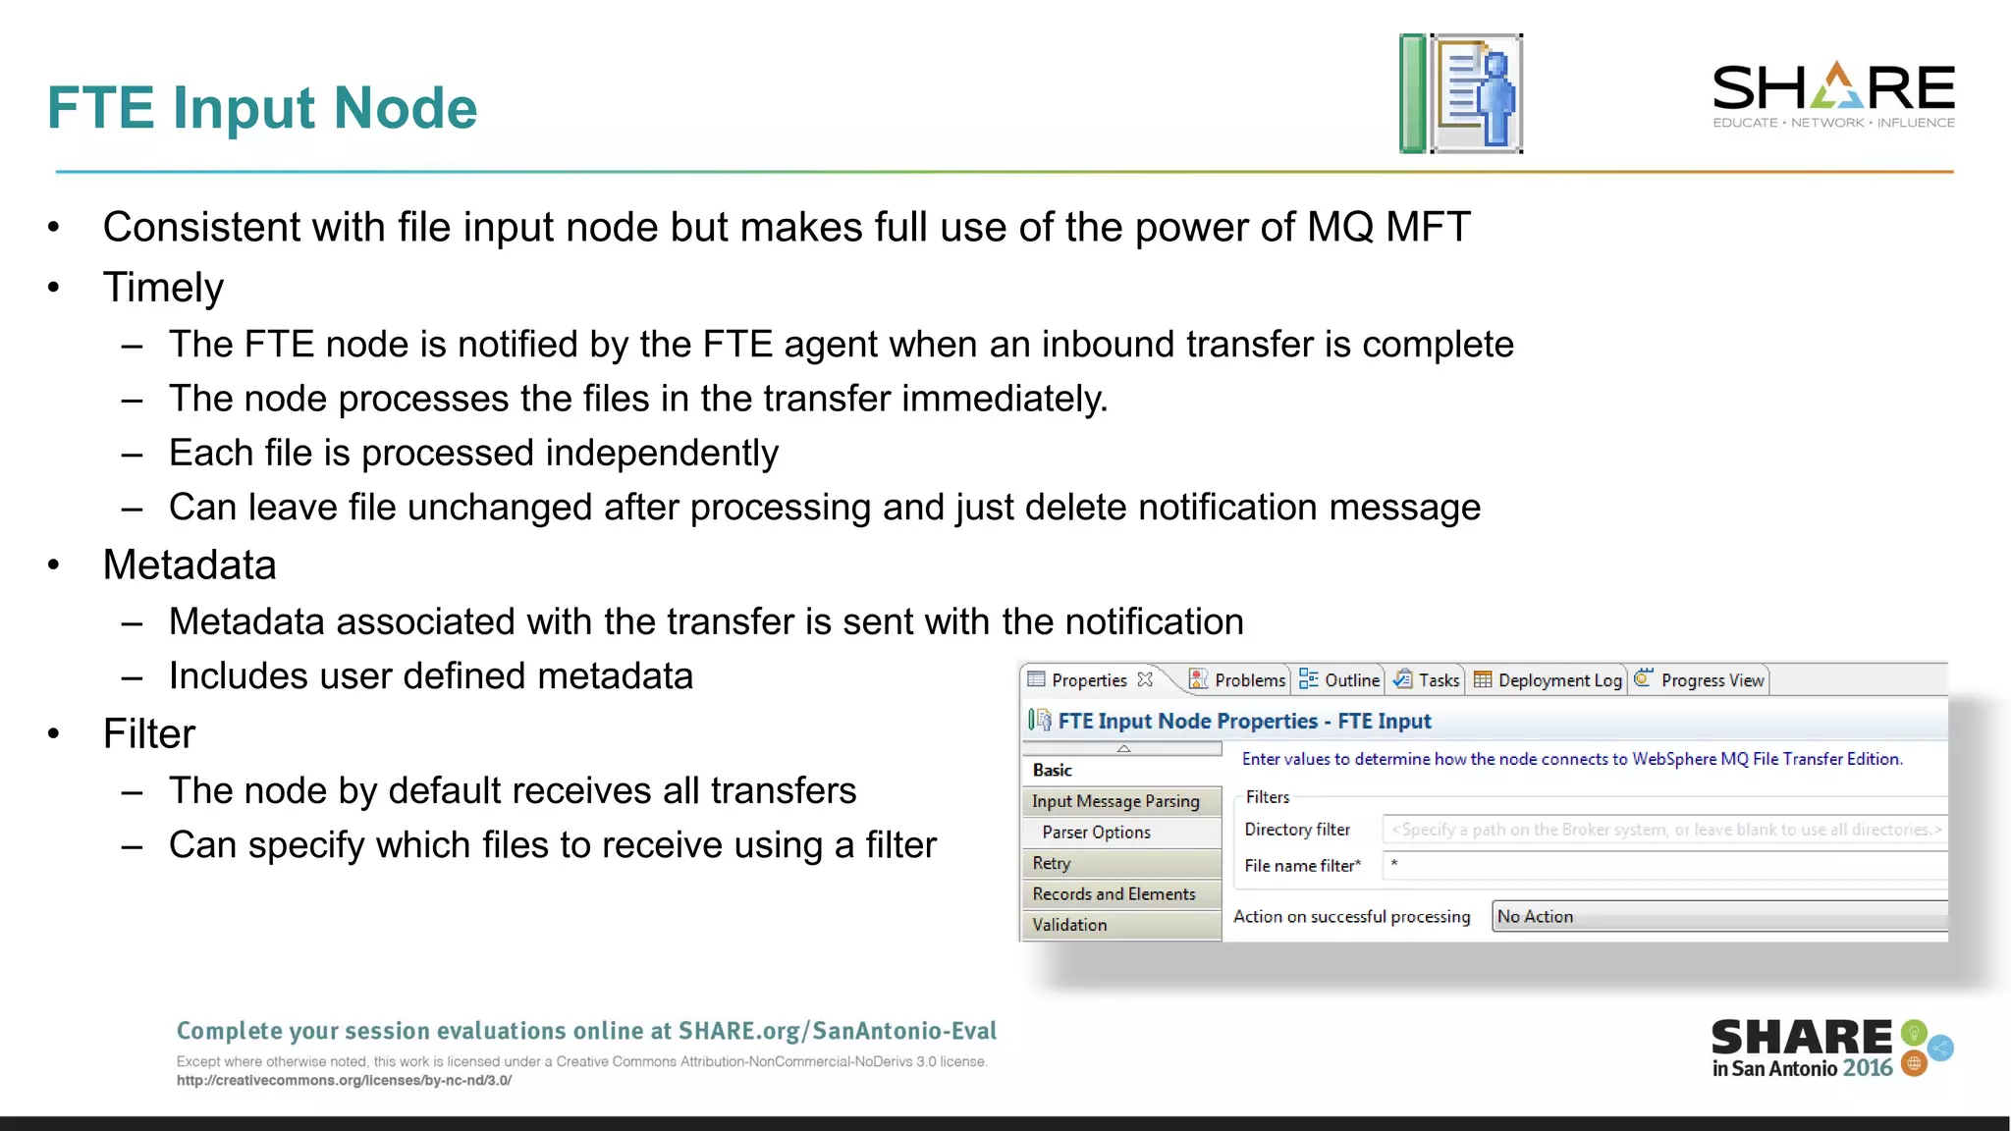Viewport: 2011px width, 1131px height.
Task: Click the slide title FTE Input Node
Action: (261, 107)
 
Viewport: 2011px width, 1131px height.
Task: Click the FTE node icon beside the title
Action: (1461, 93)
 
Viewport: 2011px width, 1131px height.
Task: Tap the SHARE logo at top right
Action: (1833, 94)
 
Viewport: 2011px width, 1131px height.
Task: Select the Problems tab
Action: (1238, 679)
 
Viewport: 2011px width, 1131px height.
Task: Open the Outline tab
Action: (1340, 679)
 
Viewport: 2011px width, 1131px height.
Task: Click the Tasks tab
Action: (1428, 679)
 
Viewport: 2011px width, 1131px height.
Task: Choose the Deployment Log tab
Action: (1549, 679)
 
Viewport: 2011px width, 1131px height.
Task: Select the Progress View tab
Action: (1701, 679)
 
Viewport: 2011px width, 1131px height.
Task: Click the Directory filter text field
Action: (1663, 830)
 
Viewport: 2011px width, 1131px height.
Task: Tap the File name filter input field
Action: (1663, 865)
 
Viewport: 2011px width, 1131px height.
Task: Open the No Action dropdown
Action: (1718, 916)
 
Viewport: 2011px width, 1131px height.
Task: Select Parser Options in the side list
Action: (1096, 832)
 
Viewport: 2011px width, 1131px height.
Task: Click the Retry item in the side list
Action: (1052, 863)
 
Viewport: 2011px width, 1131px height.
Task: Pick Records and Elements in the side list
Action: (1114, 893)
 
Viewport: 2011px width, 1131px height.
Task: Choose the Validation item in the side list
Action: (1069, 925)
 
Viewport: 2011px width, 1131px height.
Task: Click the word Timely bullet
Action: (163, 288)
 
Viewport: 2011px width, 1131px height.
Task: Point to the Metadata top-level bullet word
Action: (190, 565)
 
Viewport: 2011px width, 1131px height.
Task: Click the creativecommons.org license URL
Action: (344, 1080)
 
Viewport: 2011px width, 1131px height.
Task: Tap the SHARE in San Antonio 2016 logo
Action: (1831, 1049)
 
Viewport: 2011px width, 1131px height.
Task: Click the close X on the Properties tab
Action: (1145, 679)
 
